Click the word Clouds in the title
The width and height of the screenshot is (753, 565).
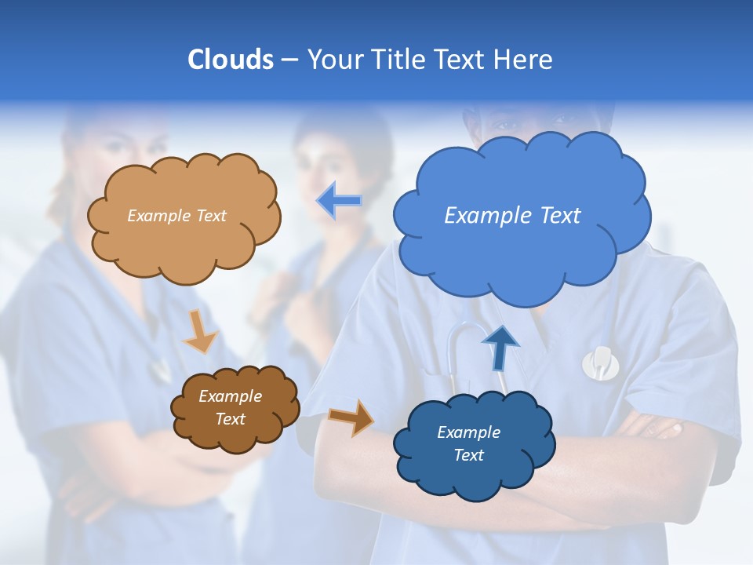tap(230, 59)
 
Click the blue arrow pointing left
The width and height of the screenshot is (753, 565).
tap(339, 202)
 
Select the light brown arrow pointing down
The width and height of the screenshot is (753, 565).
tap(199, 333)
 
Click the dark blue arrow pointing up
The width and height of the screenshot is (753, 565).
tap(500, 348)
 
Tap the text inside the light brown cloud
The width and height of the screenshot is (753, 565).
tap(176, 215)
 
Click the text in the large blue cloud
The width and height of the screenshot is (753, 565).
tap(512, 215)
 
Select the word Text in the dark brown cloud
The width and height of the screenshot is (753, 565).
tap(230, 419)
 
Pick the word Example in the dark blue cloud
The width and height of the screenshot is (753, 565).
tap(468, 432)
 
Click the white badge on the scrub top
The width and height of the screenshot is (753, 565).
tap(600, 362)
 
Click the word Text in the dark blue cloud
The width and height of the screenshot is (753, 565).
tap(468, 455)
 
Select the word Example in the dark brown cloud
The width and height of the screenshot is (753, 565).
tap(230, 396)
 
